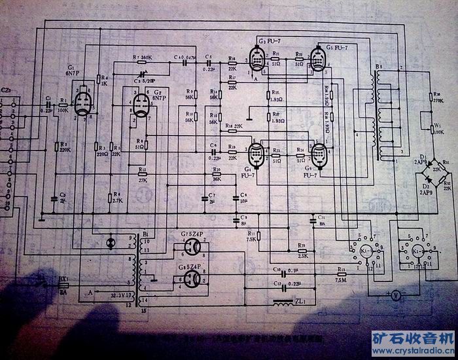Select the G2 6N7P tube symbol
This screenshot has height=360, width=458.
coord(139,108)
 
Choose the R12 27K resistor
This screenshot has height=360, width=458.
coord(143,174)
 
